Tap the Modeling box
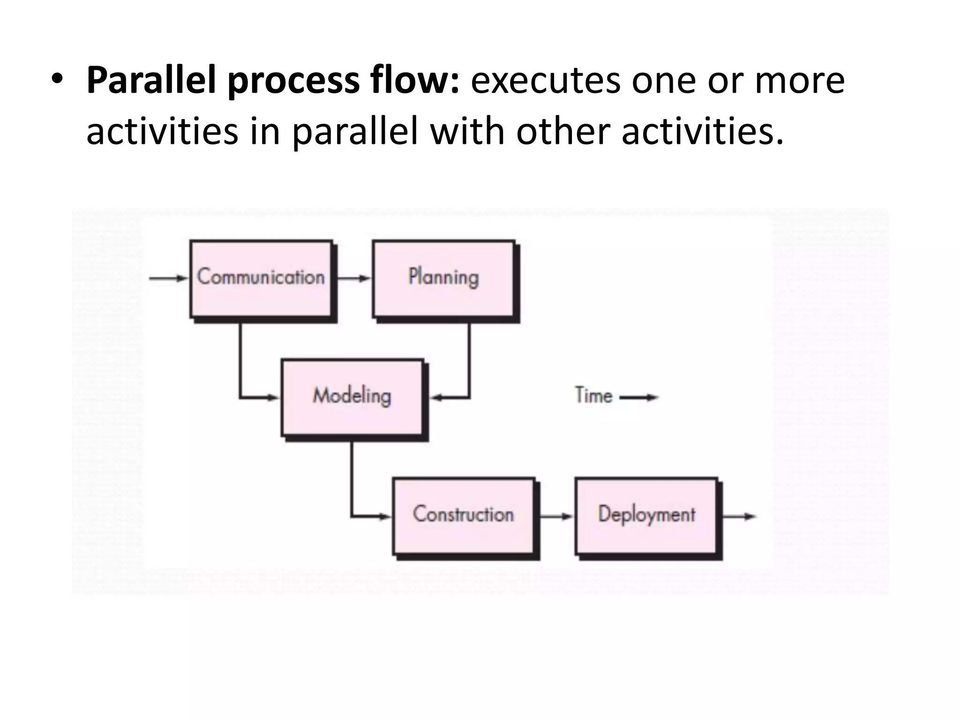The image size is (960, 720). click(352, 397)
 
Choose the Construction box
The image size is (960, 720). click(463, 516)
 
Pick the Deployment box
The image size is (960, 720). click(646, 516)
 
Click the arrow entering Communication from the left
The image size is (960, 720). click(168, 278)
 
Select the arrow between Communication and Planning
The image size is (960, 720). click(353, 278)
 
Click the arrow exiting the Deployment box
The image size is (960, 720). click(739, 517)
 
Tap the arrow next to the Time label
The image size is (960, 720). click(639, 397)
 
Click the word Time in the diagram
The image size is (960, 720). click(593, 396)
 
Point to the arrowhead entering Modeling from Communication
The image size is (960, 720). click(273, 398)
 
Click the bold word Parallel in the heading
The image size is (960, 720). click(152, 81)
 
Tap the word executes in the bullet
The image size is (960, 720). click(546, 81)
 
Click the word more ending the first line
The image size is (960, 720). click(799, 81)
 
